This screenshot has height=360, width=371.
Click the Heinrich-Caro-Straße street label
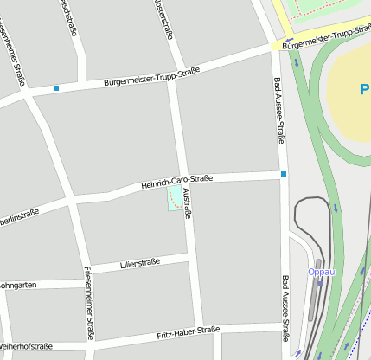tap(176, 183)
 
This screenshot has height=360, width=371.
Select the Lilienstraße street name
tap(140, 263)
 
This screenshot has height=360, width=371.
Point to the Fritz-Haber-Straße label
tap(189, 331)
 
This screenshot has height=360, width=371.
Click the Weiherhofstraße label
tap(26, 346)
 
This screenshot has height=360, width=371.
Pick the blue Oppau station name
tap(321, 271)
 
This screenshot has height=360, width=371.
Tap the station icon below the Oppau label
tap(320, 283)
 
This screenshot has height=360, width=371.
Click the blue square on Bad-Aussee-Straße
tap(284, 174)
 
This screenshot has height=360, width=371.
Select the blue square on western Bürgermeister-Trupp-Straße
tap(56, 88)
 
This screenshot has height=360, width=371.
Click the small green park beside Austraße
tap(176, 198)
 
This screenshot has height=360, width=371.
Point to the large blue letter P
tap(365, 89)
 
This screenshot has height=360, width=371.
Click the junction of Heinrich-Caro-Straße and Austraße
tap(182, 181)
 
